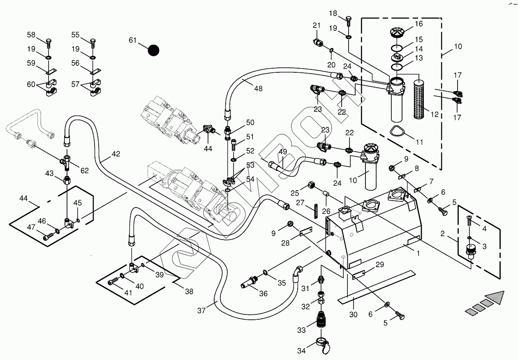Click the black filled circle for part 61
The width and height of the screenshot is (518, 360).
[x=153, y=50]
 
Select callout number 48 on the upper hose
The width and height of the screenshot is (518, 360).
[x=258, y=88]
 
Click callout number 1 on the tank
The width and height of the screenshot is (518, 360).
[x=418, y=254]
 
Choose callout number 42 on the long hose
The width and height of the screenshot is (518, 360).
[x=116, y=154]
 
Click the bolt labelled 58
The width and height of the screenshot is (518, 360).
[x=49, y=42]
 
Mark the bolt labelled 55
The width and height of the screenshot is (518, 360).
[x=92, y=42]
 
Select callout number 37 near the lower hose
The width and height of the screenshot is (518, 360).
[x=201, y=311]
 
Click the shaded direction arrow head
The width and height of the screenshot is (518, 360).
[x=495, y=297]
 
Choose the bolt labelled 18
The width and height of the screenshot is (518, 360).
[x=349, y=19]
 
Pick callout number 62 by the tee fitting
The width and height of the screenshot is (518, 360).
[x=84, y=171]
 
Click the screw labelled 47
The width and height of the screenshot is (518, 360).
[x=49, y=236]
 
